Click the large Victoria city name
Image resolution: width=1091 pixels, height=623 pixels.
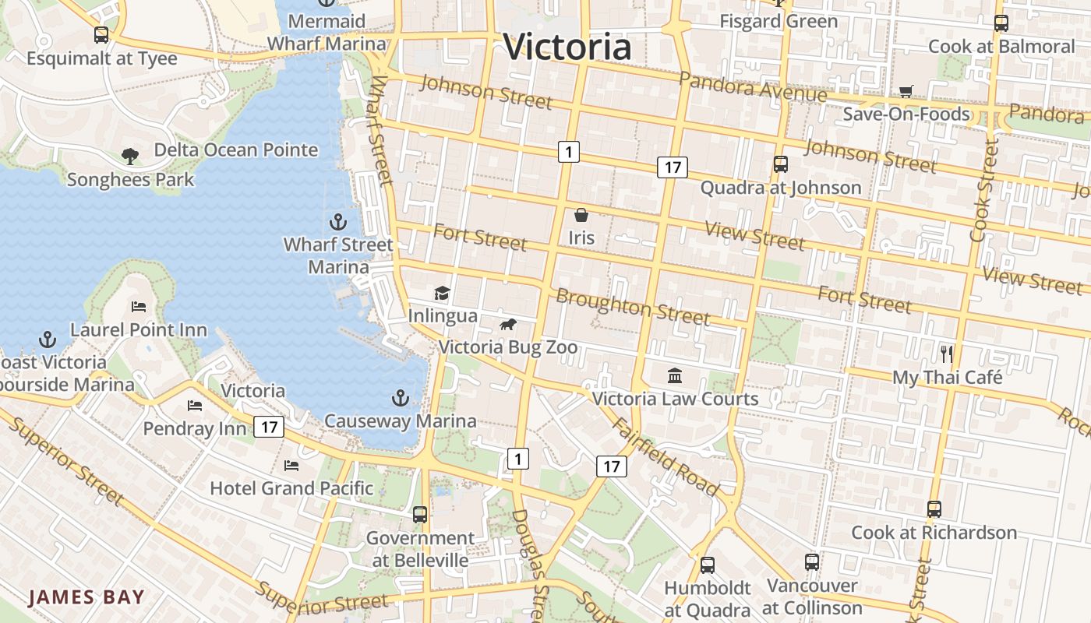567,47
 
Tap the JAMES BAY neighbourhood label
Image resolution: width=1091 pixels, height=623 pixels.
87,597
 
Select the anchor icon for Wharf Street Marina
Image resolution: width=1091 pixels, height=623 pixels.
338,222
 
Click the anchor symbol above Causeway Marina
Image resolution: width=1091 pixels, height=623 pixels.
400,398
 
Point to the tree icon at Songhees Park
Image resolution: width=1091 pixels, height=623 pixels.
130,156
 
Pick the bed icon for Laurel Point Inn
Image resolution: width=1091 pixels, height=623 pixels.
139,306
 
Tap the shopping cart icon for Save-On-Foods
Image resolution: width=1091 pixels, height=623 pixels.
906,92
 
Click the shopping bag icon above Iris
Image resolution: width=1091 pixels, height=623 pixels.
581,215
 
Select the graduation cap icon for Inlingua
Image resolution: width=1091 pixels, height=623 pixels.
443,293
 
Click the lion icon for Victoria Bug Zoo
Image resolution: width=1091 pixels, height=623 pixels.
508,324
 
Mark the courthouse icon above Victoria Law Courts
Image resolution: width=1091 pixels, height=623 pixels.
675,375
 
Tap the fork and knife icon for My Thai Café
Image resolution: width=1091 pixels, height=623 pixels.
947,354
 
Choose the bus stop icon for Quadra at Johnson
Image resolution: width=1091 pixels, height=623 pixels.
780,164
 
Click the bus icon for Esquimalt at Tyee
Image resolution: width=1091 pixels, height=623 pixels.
101,35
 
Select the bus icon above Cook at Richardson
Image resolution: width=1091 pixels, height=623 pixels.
934,509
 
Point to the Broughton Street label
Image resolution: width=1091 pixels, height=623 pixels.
632,307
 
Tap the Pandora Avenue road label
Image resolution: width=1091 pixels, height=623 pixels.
752,87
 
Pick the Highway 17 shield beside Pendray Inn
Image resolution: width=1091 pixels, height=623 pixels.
269,427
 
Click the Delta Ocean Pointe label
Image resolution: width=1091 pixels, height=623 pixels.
235,150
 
